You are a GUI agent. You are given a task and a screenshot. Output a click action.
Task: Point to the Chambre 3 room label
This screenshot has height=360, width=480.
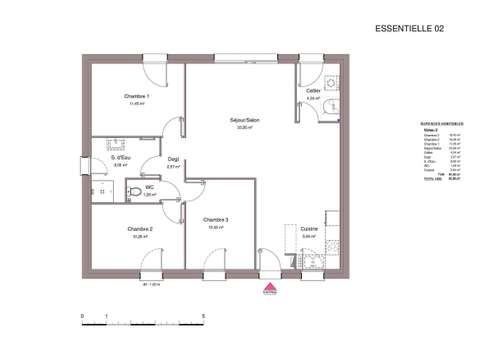pos(215,220)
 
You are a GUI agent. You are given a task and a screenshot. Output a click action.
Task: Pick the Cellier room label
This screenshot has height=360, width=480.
pos(313,91)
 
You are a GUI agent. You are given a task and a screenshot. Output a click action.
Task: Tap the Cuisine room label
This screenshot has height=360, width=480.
pos(309,229)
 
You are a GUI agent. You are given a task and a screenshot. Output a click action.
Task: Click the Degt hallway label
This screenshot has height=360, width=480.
pos(173,159)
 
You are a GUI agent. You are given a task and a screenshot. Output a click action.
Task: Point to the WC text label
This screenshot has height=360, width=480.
pos(150,187)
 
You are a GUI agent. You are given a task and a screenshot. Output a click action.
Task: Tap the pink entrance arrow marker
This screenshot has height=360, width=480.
pos(268,290)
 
